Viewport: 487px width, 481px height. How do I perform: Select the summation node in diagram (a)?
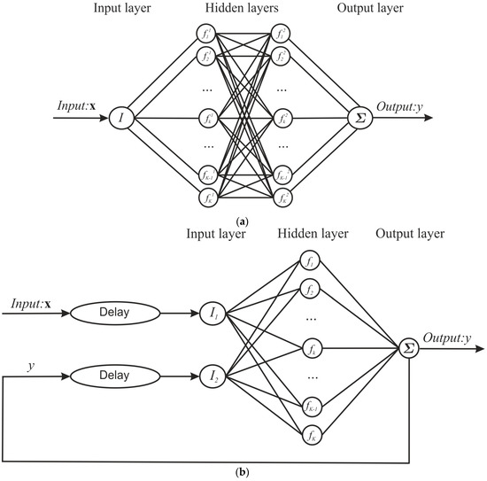point(359,116)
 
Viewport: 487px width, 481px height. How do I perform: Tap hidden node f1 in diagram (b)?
point(310,260)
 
